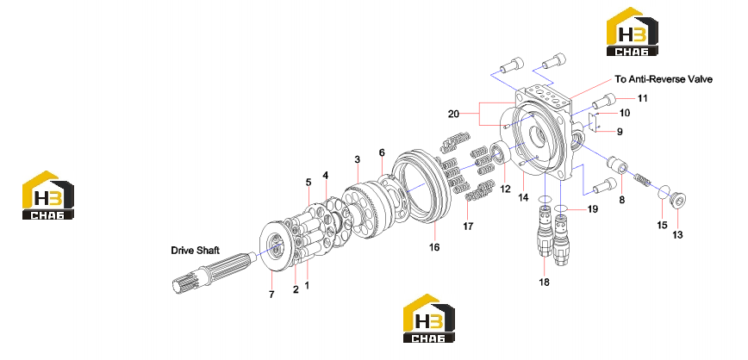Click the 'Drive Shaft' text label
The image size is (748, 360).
tap(195, 251)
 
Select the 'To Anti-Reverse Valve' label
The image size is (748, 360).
tap(664, 79)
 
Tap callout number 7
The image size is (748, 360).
tap(271, 295)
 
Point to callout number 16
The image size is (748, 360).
tap(434, 247)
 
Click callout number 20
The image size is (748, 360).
tap(453, 114)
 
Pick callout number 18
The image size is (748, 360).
tap(544, 282)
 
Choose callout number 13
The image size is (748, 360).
tap(677, 234)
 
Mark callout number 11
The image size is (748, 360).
tap(643, 99)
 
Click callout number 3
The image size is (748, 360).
tap(358, 159)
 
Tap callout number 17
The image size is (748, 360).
tap(469, 227)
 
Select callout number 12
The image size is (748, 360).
tap(505, 189)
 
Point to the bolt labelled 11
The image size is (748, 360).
tap(603, 101)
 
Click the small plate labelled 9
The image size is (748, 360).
tap(593, 123)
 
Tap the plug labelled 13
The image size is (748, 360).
tap(678, 199)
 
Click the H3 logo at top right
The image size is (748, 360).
tap(632, 32)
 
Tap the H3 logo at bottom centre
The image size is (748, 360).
tap(429, 318)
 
